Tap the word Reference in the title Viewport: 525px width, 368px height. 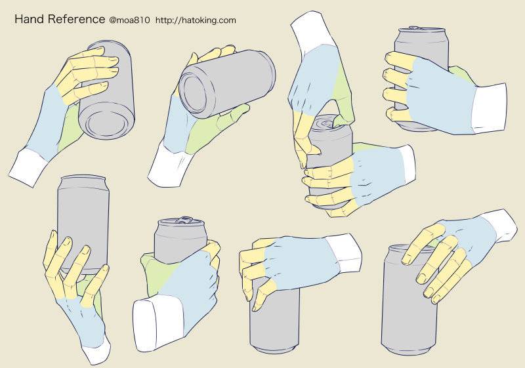tap(76, 19)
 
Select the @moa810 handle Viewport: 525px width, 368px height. tap(129, 20)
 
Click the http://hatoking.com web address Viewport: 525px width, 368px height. tap(196, 20)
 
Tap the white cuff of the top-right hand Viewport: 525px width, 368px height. tap(489, 108)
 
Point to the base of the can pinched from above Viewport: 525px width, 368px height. tap(275, 346)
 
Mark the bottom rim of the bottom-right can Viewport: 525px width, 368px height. tap(409, 348)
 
